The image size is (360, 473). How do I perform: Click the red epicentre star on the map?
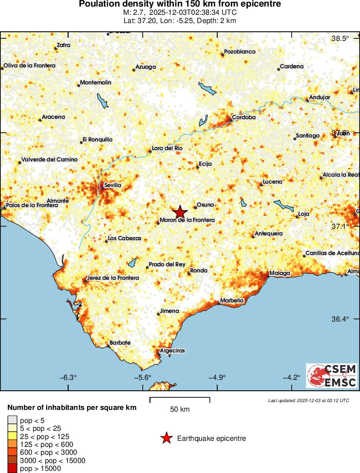coord(180,212)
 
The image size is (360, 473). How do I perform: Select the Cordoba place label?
coord(243,117)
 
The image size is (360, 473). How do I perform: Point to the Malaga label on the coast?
coord(279,273)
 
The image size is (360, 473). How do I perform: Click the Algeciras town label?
coord(172,351)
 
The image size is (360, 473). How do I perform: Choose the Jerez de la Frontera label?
coord(113,278)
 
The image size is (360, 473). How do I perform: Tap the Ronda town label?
coord(199,271)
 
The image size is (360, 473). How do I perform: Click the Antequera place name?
coord(269,234)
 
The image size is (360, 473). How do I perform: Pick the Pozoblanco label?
coord(239,52)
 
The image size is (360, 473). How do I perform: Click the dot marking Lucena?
coord(261,185)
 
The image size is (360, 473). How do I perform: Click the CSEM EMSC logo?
coord(332,376)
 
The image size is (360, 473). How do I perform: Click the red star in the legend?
coord(166,439)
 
